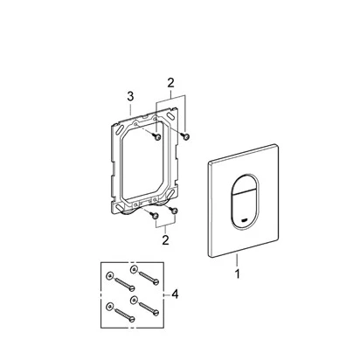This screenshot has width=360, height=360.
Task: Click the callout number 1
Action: click(238, 273)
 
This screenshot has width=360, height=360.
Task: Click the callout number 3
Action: click(130, 96)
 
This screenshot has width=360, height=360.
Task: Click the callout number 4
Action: click(175, 294)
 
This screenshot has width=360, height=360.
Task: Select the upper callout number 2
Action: click(170, 83)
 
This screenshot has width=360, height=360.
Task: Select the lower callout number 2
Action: click(165, 240)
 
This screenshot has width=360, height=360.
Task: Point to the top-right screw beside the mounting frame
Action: click(184, 135)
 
